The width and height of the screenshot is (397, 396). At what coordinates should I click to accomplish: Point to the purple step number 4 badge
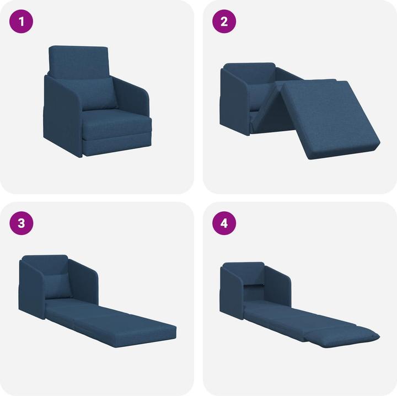(x=224, y=223)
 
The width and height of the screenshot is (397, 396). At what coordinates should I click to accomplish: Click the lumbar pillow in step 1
(x=99, y=94)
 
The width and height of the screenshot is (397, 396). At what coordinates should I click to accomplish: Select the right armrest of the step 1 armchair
(x=135, y=105)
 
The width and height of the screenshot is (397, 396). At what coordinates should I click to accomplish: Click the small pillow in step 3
(x=58, y=286)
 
